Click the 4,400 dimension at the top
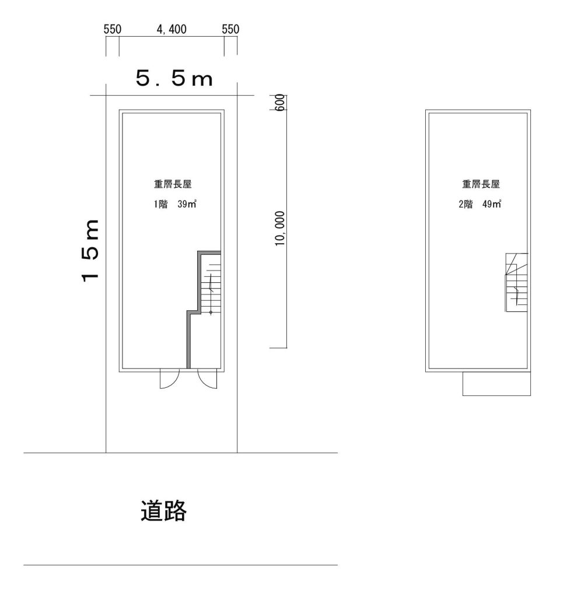pyautogui.click(x=171, y=29)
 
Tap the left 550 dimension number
pyautogui.click(x=113, y=29)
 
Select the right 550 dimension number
pyautogui.click(x=230, y=29)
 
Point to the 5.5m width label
pyautogui.click(x=174, y=79)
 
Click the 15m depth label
pyautogui.click(x=90, y=251)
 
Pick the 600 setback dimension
pyautogui.click(x=279, y=103)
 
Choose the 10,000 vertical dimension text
pyautogui.click(x=280, y=229)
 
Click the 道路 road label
pyautogui.click(x=163, y=511)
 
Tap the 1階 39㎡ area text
pyautogui.click(x=175, y=204)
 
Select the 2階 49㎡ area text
pyautogui.click(x=480, y=204)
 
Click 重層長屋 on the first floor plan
pyautogui.click(x=173, y=184)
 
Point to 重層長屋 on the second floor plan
pyautogui.click(x=481, y=184)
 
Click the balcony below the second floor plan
pyautogui.click(x=496, y=384)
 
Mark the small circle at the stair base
pyautogui.click(x=211, y=312)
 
